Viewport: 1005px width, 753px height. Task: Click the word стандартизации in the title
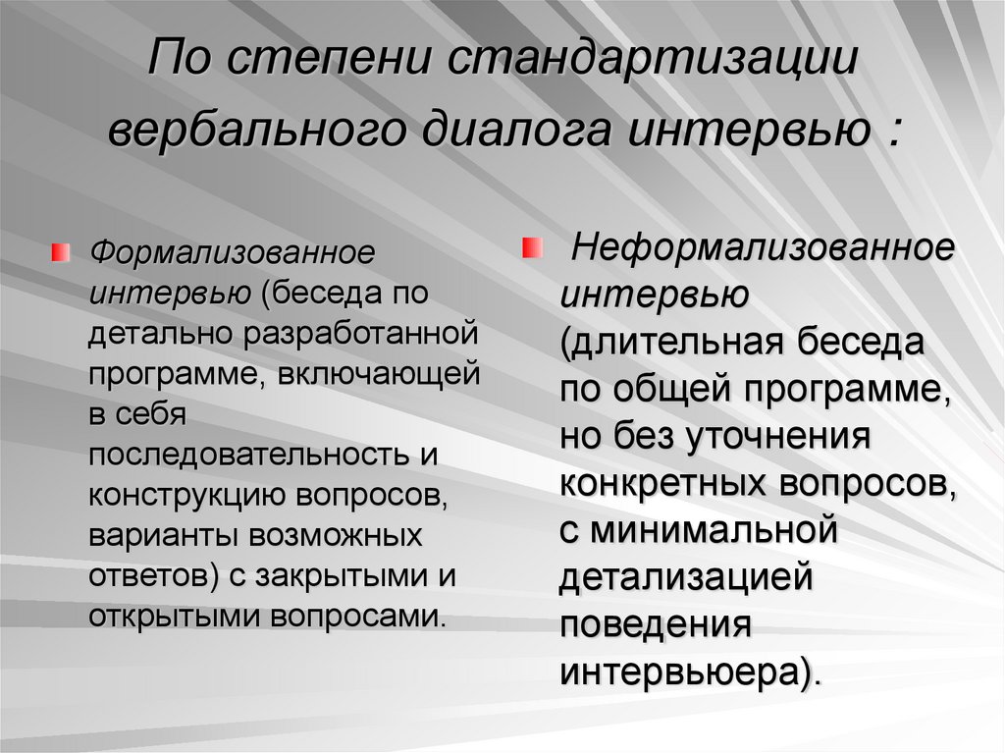coord(652,60)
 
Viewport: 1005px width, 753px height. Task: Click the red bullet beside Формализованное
coord(60,252)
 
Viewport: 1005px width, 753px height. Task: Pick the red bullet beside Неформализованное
coord(532,247)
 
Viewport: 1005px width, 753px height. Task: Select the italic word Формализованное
coord(232,252)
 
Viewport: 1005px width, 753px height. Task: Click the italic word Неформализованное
coord(763,247)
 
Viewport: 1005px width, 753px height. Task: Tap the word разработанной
coord(360,335)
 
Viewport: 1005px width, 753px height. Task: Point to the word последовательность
coord(249,455)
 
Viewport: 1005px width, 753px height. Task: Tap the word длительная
coord(672,342)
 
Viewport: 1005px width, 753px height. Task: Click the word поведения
coord(655,624)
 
